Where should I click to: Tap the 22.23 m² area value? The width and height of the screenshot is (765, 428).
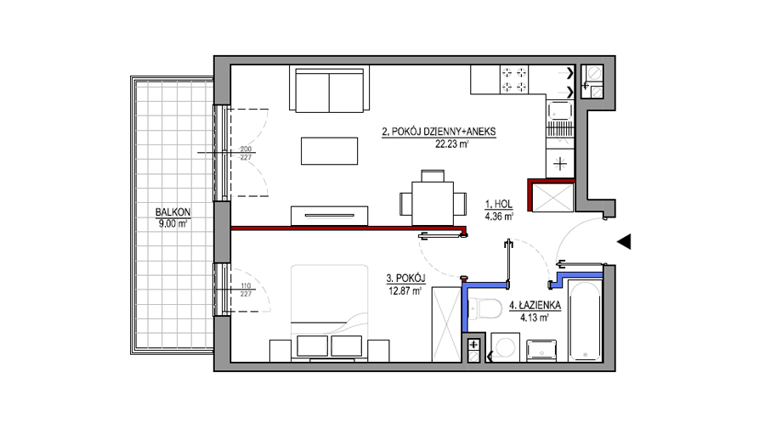point(452,144)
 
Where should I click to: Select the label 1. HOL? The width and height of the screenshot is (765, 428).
point(499,205)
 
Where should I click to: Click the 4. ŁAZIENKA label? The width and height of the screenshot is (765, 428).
point(535,306)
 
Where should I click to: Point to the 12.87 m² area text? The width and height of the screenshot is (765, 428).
point(405,291)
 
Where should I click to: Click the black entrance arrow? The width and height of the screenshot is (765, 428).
point(624,242)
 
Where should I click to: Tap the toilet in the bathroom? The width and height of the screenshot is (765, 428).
point(485,308)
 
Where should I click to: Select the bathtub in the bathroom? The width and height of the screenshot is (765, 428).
point(585,321)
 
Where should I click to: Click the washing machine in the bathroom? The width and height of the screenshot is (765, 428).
point(505,347)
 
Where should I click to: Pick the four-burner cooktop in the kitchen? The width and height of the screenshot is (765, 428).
point(515,80)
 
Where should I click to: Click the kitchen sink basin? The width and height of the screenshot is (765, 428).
point(560,110)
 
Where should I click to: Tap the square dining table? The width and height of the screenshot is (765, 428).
point(433,203)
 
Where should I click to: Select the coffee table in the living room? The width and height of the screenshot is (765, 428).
point(329,151)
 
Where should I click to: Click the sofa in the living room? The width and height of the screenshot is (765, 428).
point(329,90)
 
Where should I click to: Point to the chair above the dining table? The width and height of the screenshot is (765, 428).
point(433,176)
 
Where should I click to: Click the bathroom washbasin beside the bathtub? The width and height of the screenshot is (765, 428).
point(541,351)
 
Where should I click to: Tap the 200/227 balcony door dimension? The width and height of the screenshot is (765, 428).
point(246,153)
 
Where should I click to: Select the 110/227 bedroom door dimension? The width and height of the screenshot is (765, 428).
point(246,290)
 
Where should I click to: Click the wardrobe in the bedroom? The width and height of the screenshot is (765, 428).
point(446,324)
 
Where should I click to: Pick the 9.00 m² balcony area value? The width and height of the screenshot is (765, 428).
point(173,223)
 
